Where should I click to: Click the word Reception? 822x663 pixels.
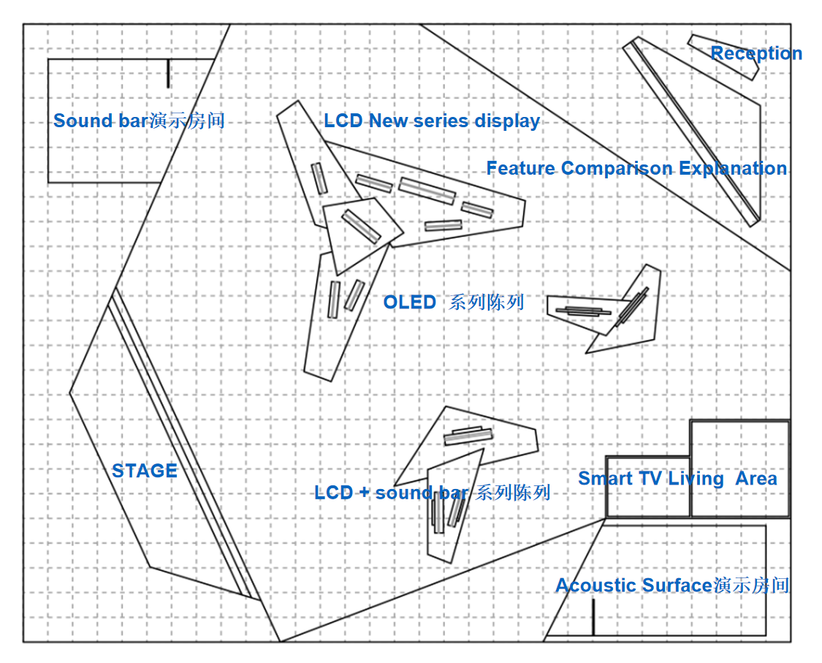756,53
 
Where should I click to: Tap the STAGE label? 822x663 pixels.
145,471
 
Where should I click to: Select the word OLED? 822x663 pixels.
409,302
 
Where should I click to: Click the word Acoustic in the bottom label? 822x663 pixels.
595,586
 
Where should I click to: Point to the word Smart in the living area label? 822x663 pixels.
605,479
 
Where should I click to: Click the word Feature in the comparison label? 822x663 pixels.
521,169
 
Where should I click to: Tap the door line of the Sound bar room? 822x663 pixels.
168,73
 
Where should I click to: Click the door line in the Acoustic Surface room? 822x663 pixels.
593,617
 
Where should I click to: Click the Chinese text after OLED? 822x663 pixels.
487,302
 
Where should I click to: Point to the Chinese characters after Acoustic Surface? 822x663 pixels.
751,586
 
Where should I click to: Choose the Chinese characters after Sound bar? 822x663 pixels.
187,121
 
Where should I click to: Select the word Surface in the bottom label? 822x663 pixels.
677,586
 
